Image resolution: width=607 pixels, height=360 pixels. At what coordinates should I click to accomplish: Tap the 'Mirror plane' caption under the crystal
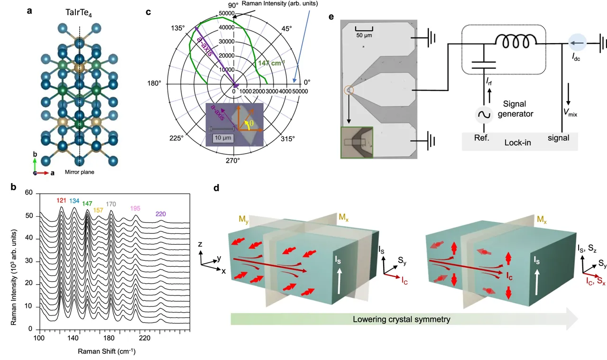(x=79, y=172)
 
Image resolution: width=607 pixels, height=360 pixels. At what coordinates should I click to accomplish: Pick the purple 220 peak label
(x=161, y=214)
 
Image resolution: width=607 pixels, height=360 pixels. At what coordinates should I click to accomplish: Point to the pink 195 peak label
(x=136, y=209)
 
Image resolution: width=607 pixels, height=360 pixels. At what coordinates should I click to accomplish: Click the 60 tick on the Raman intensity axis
(x=28, y=193)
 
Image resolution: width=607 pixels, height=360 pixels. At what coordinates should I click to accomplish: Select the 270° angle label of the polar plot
(x=232, y=161)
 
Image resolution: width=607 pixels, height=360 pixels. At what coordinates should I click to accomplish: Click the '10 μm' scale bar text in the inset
(x=221, y=137)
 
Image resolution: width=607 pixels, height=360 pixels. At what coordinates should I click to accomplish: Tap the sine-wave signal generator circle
(x=484, y=115)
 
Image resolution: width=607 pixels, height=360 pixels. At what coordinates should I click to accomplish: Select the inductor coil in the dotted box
(x=516, y=41)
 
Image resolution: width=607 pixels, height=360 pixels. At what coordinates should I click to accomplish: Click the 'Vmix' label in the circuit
(x=571, y=113)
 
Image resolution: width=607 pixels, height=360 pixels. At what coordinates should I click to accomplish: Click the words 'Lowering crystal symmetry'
(x=401, y=319)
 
